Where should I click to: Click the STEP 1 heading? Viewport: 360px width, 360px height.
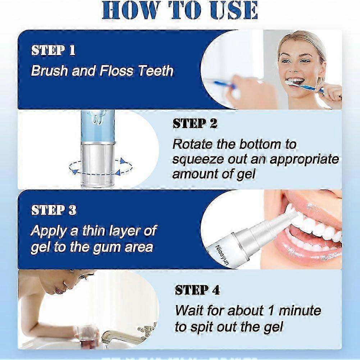click(x=53, y=50)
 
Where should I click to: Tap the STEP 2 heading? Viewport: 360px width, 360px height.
click(x=195, y=123)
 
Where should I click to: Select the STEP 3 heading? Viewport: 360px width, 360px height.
click(x=54, y=210)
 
